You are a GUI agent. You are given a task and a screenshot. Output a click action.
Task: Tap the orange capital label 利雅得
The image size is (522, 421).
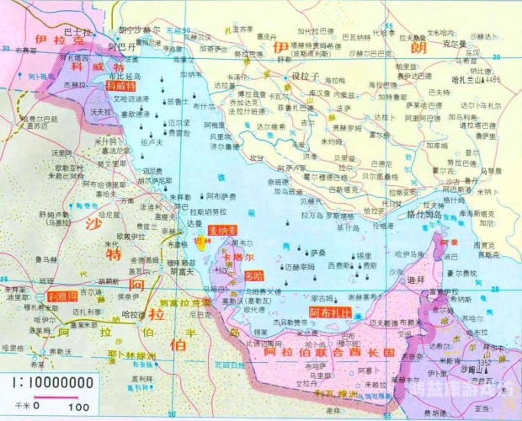pyautogui.click(x=63, y=297)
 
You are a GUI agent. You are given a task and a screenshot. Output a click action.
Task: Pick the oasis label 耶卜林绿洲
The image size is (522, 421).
pyautogui.click(x=130, y=355)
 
